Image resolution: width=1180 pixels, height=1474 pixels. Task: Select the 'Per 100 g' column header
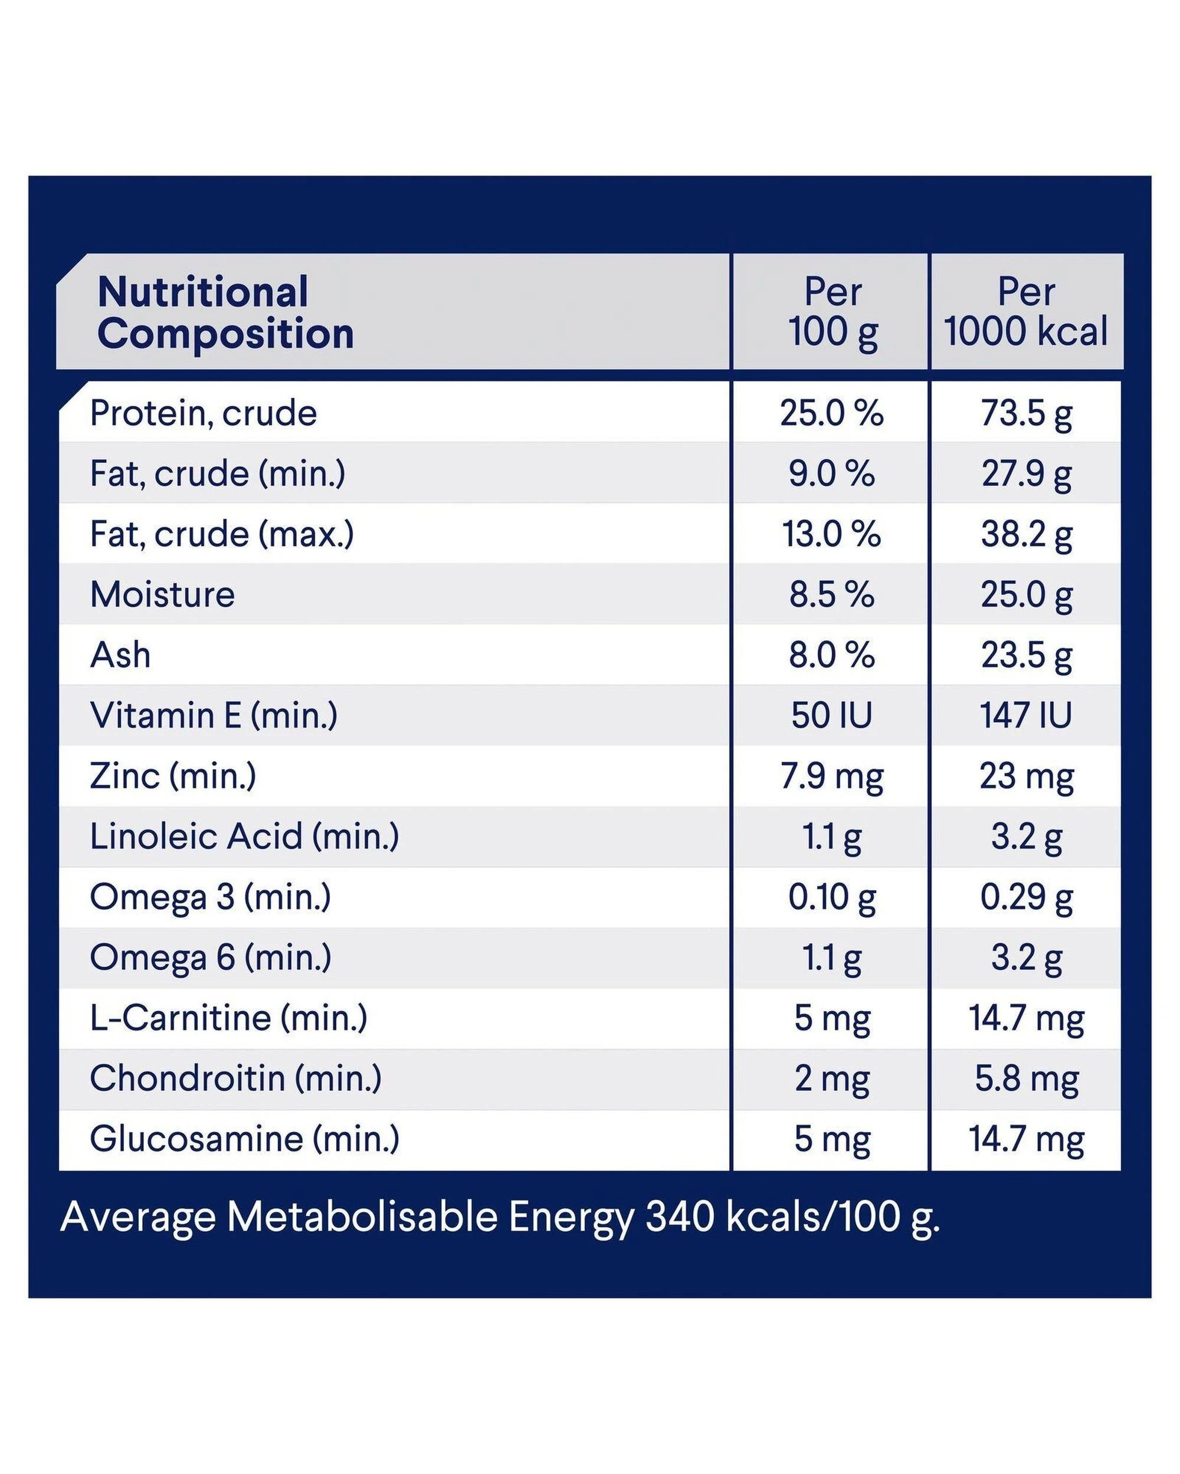click(x=832, y=312)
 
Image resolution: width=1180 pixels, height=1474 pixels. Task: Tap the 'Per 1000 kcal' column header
click(x=1025, y=312)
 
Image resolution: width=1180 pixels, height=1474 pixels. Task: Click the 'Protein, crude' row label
click(x=203, y=414)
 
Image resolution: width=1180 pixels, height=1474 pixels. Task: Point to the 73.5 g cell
click(x=1026, y=414)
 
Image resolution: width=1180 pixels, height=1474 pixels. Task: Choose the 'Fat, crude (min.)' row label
click(x=218, y=474)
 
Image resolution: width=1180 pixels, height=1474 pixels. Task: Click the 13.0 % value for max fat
click(x=832, y=534)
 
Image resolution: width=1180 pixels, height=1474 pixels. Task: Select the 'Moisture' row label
click(x=162, y=594)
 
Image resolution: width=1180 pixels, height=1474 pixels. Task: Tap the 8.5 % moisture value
click(x=832, y=594)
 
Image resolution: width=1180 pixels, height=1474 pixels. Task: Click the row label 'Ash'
click(x=120, y=655)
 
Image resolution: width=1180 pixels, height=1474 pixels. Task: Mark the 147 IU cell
click(x=1026, y=715)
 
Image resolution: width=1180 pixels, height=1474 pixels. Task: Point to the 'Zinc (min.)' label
click(x=173, y=776)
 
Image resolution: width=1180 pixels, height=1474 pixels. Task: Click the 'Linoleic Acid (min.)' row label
click(x=244, y=836)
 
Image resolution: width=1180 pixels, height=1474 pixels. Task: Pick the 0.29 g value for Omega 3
click(x=1026, y=897)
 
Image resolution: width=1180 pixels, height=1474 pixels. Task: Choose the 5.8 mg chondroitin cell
click(x=1026, y=1080)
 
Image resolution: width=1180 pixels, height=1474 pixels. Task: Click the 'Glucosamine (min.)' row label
click(x=244, y=1139)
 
